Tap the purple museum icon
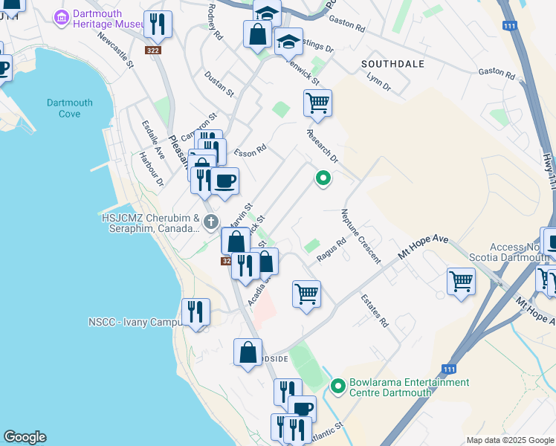[62, 16]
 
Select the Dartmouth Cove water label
[70, 108]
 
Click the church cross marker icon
[211, 221]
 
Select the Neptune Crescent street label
[361, 236]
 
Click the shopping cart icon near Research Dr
[317, 103]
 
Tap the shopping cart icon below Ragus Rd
[306, 294]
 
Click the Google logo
[25, 437]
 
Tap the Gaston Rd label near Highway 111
[497, 74]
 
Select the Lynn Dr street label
[378, 82]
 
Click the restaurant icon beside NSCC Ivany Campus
[196, 312]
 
